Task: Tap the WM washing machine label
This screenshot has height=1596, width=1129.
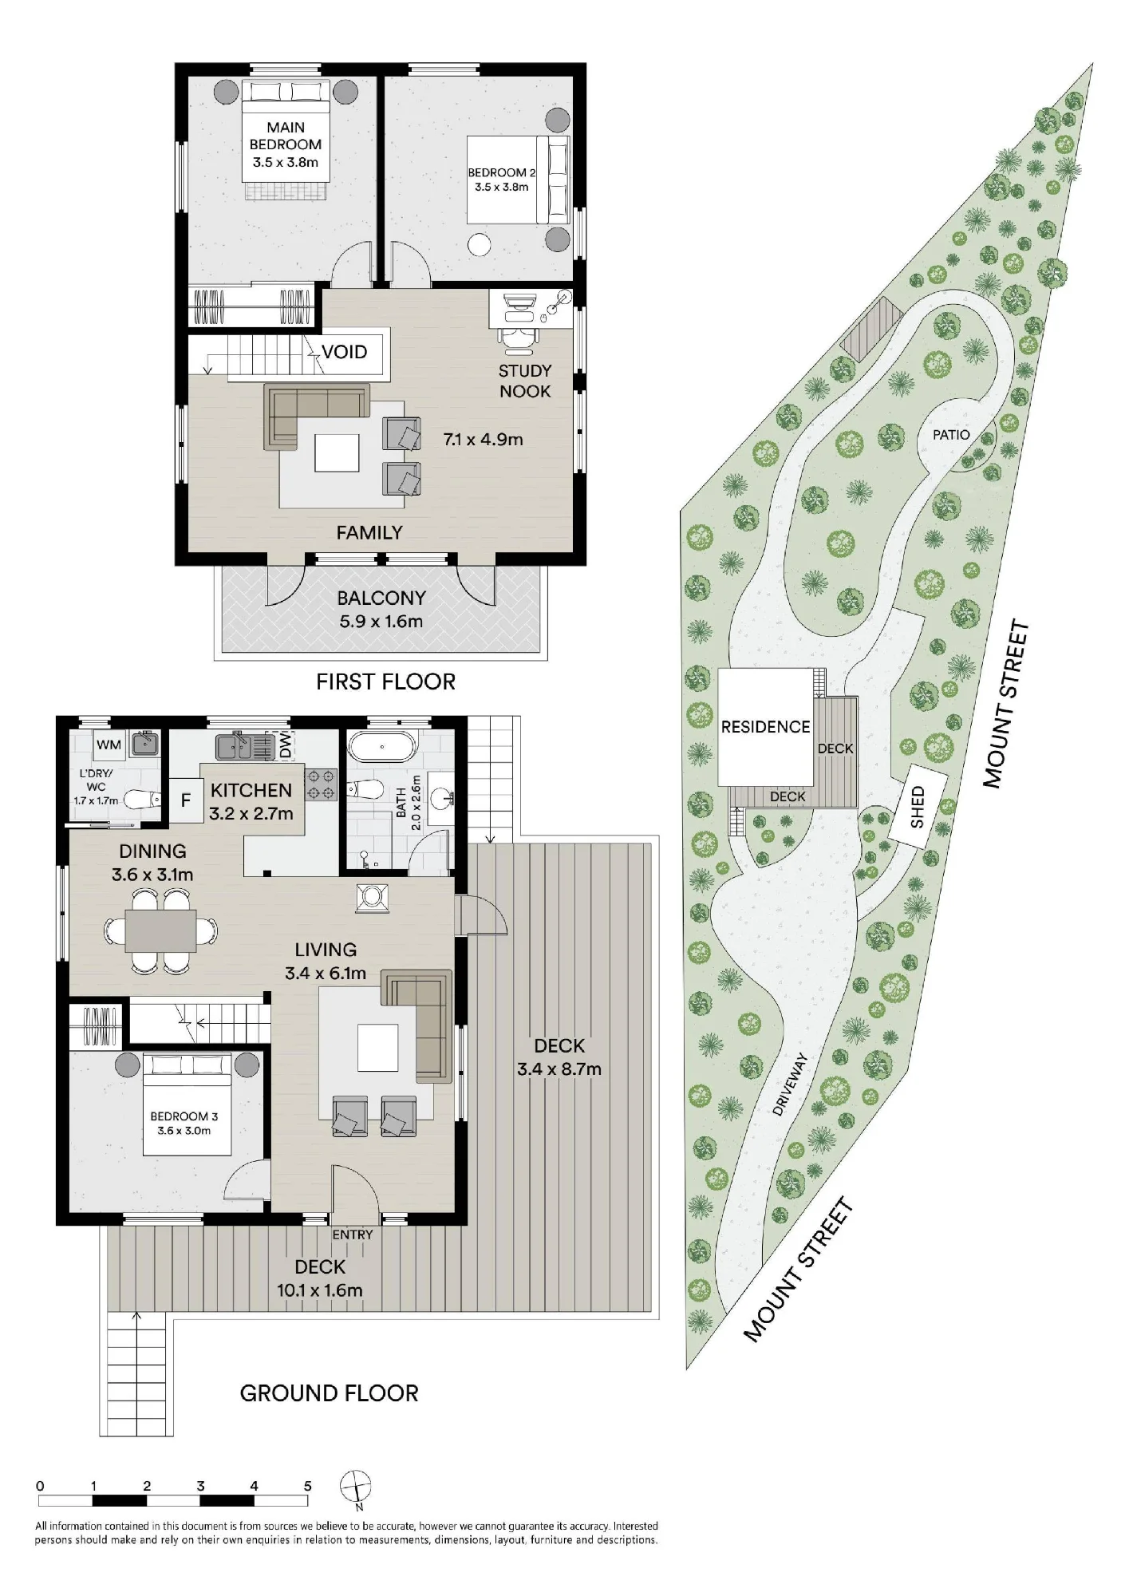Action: coord(109,745)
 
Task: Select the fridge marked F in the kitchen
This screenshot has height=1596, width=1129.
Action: coord(186,800)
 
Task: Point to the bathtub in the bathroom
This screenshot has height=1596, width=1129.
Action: coord(383,749)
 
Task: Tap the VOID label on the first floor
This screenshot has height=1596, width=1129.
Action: coord(345,352)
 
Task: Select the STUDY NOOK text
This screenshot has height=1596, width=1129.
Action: coord(525,381)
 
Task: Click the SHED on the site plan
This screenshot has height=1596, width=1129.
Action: coord(918,807)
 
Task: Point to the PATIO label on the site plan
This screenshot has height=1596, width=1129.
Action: coord(951,435)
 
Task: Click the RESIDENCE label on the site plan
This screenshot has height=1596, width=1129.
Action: coord(765,727)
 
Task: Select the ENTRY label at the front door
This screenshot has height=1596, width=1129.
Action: coord(353,1235)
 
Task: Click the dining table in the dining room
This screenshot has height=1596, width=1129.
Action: coord(160,931)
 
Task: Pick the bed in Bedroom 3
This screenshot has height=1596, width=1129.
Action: coord(188,1104)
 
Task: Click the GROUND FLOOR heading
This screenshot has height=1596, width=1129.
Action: coord(330,1393)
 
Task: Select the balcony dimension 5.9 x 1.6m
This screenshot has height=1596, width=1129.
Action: coord(381,621)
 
